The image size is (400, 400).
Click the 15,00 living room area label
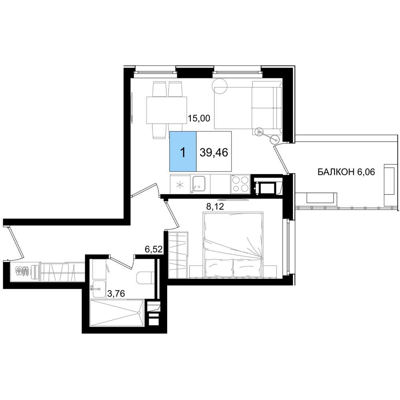tap(199, 118)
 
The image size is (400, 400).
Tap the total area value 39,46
tap(214, 152)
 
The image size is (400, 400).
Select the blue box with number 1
tap(183, 151)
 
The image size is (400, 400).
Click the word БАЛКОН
tap(336, 172)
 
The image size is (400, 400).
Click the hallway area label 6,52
tap(154, 249)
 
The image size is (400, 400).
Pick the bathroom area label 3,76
tap(116, 294)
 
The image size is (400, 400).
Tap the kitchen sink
tap(198, 184)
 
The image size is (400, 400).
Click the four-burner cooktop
tap(240, 184)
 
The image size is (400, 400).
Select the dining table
tap(166, 110)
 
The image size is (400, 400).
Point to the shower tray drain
tap(139, 313)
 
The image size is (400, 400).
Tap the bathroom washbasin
tap(99, 289)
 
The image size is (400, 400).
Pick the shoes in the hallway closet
tap(22, 271)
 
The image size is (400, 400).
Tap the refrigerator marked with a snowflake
tap(180, 184)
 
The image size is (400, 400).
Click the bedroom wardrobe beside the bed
tap(178, 254)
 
